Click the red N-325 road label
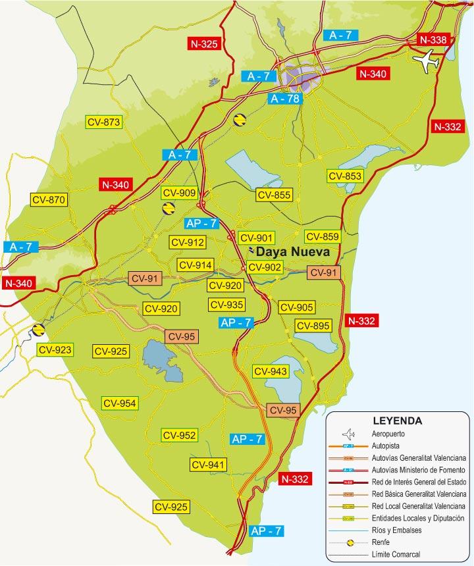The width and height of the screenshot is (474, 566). pos(204,44)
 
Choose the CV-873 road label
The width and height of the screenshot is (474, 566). pos(104,122)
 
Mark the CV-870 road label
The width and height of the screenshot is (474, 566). pos(49,199)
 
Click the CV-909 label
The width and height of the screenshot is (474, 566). pos(180,193)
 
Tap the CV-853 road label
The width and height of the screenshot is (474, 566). pos(345,176)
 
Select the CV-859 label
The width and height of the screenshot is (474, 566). pos(322,237)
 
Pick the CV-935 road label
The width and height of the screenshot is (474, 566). pos(226,305)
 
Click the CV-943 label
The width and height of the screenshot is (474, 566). pos(270,372)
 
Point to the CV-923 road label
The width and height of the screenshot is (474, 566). pos(55,349)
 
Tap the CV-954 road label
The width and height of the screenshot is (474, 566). pos(119,403)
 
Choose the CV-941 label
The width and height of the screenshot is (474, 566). pos(209,465)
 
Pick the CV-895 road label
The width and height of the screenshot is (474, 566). pos(313,326)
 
